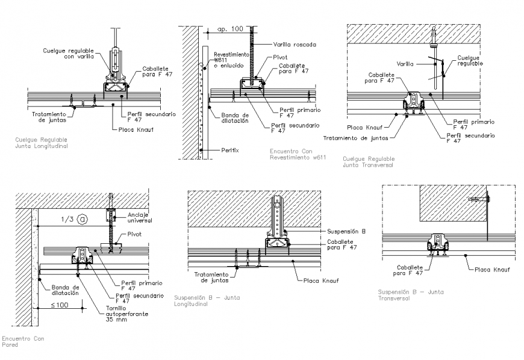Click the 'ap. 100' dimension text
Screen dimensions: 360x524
pos(231,28)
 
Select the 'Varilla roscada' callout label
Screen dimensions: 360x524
pos(294,45)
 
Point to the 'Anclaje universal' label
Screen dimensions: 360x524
pos(140,217)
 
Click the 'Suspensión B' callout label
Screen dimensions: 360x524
pos(346,231)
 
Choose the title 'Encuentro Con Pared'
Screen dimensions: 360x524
pos(22,342)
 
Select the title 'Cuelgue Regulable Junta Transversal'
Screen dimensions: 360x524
pos(368,161)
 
